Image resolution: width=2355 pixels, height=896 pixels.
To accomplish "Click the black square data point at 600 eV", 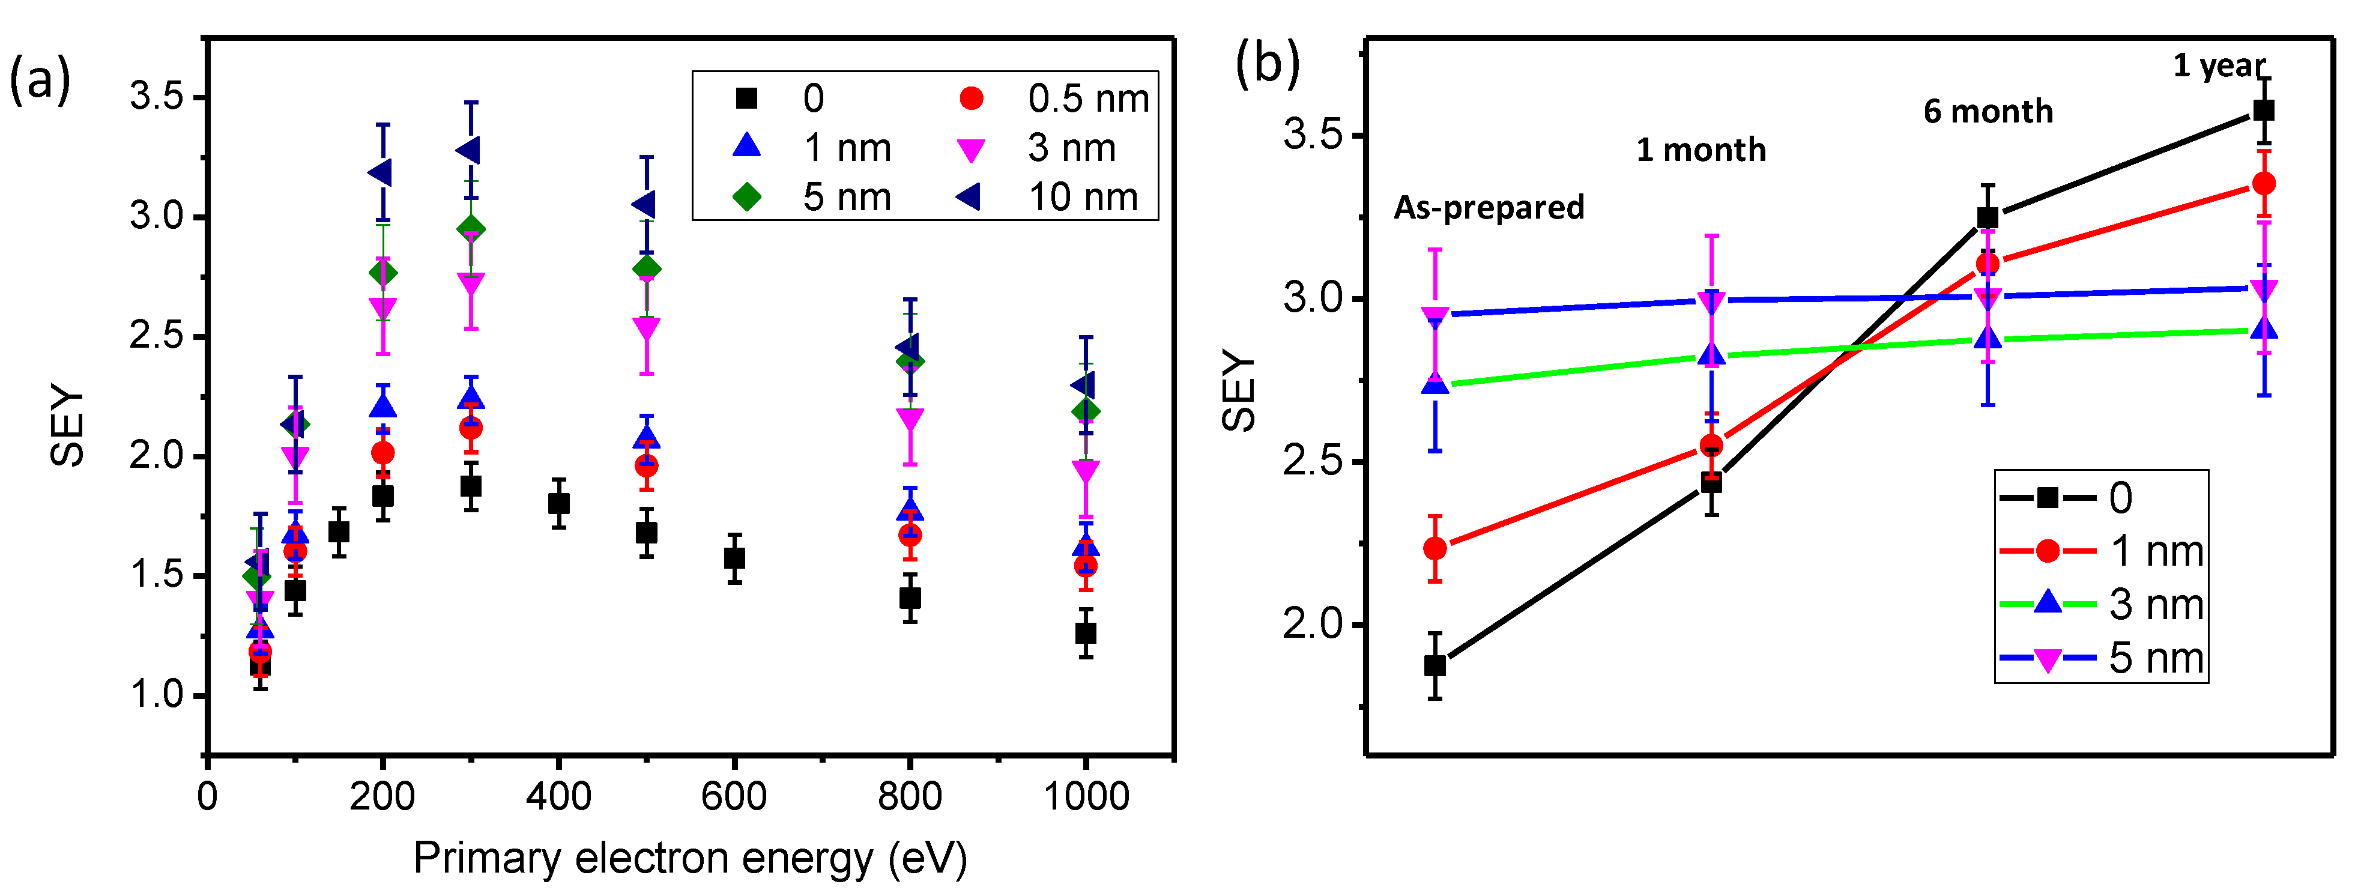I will (734, 558).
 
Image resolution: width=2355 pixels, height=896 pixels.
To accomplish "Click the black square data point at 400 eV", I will (558, 503).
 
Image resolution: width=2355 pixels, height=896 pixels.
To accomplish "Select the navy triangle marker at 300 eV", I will (469, 150).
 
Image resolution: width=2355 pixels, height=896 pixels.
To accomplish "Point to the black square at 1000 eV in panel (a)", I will (1085, 633).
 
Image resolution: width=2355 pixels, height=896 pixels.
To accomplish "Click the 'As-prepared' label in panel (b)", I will (1489, 208).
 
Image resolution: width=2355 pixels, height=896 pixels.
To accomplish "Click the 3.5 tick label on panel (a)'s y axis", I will (156, 96).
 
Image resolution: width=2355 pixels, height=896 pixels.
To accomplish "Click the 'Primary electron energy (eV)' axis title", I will (690, 858).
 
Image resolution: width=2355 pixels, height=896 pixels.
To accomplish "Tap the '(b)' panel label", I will (1266, 64).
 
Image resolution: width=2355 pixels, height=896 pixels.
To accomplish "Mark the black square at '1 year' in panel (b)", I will (2264, 110).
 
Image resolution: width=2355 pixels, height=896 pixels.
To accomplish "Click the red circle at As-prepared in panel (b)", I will (1435, 548).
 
